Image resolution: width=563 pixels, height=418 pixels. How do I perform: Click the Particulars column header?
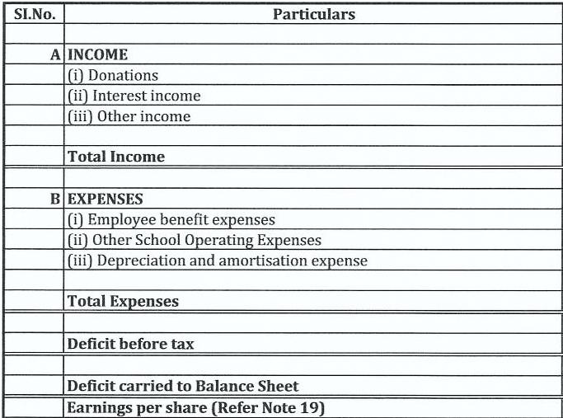coord(314,14)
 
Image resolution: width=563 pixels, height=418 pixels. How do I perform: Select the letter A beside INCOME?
coord(55,55)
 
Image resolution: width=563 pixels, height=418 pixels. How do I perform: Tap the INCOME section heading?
coord(97,55)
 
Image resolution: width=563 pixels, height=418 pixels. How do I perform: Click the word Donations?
coord(123,76)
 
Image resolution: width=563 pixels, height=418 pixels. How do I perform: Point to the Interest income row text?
coord(134,96)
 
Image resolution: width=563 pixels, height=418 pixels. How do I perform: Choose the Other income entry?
coord(129,117)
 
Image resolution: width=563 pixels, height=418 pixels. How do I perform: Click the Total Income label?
coord(116,157)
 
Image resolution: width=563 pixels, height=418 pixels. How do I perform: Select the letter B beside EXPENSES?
coord(55,200)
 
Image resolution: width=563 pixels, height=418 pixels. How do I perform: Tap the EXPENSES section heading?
coord(106,200)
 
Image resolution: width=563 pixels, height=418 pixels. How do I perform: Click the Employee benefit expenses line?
coord(171,220)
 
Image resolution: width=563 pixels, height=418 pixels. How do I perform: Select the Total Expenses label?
coord(123,302)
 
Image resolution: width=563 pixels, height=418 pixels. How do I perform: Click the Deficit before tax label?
coord(130,344)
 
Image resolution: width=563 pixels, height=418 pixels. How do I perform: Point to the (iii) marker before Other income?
coord(80,117)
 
